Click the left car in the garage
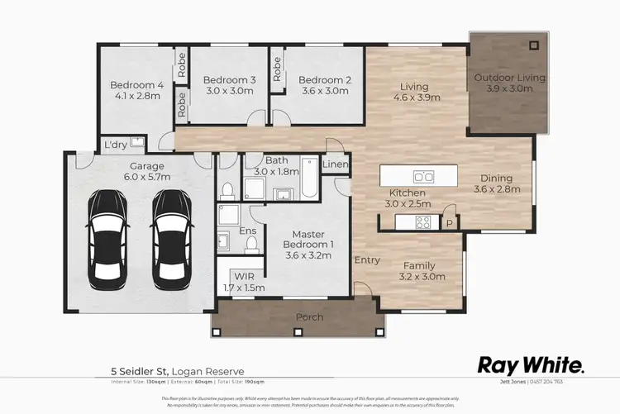[109, 236]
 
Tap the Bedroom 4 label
[136, 84]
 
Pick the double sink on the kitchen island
[423, 176]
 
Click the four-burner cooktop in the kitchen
[422, 221]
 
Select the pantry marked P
[450, 221]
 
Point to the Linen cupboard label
[335, 165]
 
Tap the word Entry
[367, 260]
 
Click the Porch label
[310, 317]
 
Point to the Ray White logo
[532, 365]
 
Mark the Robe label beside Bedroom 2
[278, 72]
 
